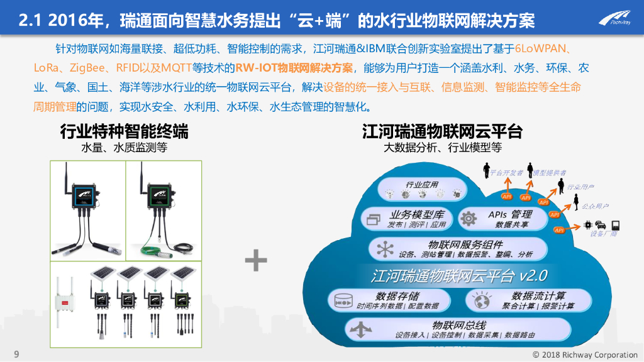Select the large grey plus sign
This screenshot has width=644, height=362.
pos(256,260)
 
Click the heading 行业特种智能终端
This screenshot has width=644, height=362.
pos(124,132)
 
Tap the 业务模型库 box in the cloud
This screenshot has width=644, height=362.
pos(406,219)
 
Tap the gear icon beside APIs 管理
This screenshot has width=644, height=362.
pos(469,219)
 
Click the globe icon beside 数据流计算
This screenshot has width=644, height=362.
pos(482,302)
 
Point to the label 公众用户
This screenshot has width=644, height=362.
pos(595,206)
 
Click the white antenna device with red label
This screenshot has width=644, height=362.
pos(65,301)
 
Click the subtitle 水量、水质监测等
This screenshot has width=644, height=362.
pos(124,149)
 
